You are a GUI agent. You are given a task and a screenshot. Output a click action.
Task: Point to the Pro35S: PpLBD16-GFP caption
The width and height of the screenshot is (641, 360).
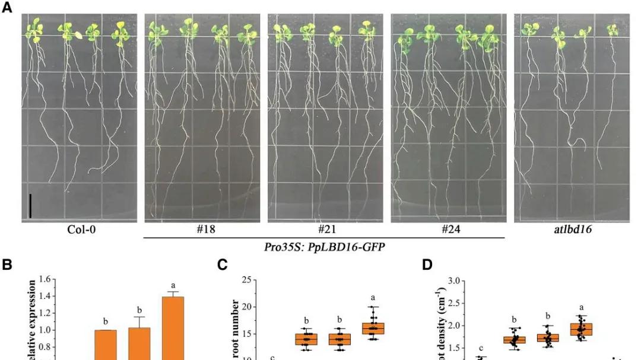pyautogui.click(x=324, y=246)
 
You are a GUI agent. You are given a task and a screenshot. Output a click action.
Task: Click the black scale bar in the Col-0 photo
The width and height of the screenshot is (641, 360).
pyautogui.click(x=30, y=206)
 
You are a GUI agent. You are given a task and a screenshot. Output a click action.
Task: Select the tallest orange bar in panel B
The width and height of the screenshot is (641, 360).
pyautogui.click(x=173, y=326)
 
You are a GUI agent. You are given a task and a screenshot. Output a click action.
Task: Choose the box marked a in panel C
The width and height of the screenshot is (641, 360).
pyautogui.click(x=373, y=328)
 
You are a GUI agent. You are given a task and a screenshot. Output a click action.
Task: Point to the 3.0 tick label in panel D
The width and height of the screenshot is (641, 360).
pyautogui.click(x=455, y=281)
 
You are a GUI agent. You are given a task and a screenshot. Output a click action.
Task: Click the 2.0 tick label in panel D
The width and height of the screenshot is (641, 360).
pyautogui.click(x=455, y=326)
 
